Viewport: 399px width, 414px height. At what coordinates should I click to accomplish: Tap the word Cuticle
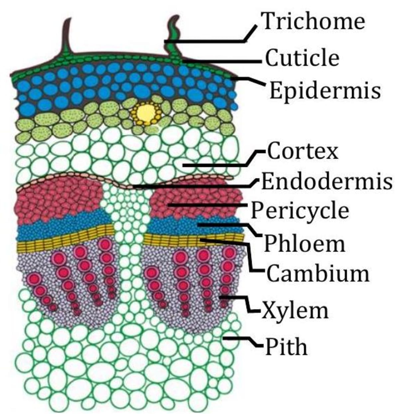(302, 58)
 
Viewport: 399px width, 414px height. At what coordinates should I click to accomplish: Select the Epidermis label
(325, 90)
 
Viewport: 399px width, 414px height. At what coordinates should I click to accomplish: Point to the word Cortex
(303, 151)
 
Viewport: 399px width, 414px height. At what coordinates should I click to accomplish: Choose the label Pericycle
(300, 211)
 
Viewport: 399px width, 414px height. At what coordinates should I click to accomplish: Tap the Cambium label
(318, 273)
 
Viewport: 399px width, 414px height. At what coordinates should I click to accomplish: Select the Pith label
(286, 347)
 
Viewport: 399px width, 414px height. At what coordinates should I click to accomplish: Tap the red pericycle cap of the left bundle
(60, 199)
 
